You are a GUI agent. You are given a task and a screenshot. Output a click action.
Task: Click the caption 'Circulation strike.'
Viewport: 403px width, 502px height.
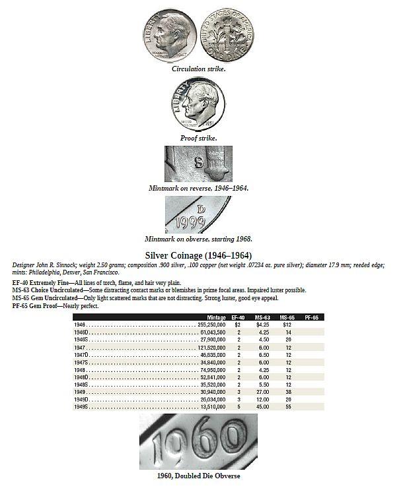pyautogui.click(x=198, y=69)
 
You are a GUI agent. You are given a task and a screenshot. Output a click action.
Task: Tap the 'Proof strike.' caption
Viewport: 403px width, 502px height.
pyautogui.click(x=198, y=138)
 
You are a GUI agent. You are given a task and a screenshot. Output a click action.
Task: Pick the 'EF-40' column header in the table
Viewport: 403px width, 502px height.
pyautogui.click(x=238, y=318)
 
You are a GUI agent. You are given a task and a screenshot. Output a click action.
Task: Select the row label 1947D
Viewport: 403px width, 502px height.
pyautogui.click(x=82, y=354)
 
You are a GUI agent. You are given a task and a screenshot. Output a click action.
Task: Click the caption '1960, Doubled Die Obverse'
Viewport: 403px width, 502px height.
pyautogui.click(x=198, y=475)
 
